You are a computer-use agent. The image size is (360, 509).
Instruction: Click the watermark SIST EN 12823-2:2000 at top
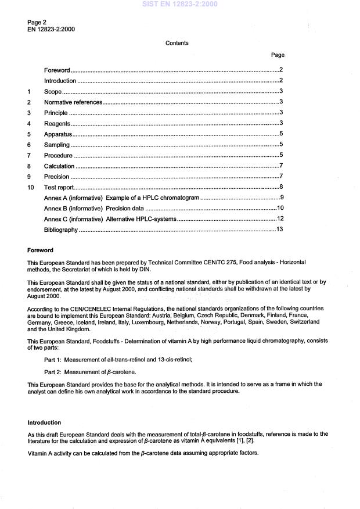tap(179, 5)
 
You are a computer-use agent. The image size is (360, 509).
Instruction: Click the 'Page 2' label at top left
tap(37, 22)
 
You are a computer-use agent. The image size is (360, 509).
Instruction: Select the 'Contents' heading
tap(177, 43)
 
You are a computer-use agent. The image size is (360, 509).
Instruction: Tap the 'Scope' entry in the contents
tap(53, 92)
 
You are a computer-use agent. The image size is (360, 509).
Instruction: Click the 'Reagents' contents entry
tap(57, 124)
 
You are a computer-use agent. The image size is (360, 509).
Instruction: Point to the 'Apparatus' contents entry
tap(58, 134)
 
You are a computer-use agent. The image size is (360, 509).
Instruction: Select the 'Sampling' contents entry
tap(57, 145)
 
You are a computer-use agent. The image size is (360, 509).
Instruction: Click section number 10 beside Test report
tap(31, 187)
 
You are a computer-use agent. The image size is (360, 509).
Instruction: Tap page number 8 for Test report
tap(281, 187)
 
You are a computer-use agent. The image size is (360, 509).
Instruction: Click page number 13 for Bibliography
tap(279, 230)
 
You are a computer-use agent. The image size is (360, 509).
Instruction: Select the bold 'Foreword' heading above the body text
tap(40, 250)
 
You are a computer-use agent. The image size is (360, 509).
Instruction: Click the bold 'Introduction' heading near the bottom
tap(44, 422)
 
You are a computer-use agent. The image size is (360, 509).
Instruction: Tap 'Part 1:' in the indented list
tap(54, 360)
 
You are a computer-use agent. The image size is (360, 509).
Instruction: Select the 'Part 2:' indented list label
tap(54, 371)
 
